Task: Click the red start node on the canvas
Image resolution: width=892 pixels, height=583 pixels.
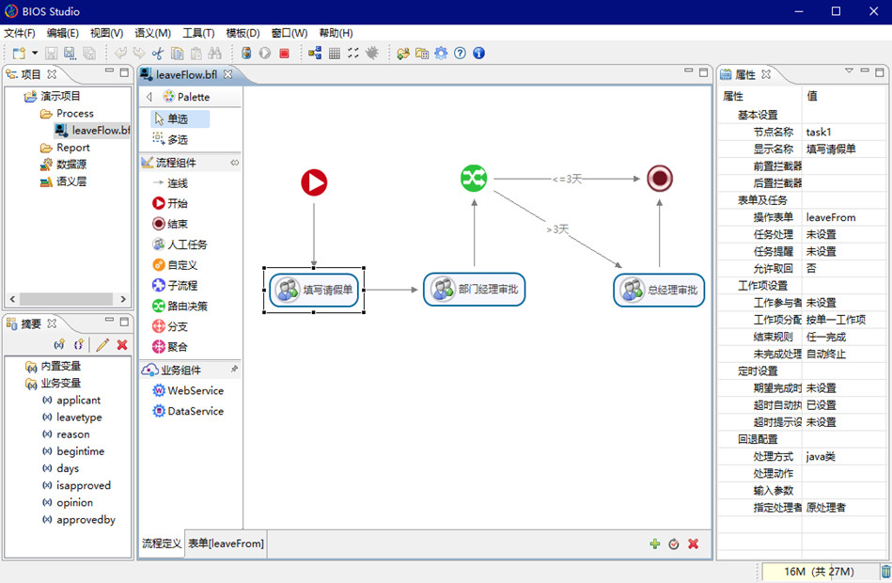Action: pos(314,182)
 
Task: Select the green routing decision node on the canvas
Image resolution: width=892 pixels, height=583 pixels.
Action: pos(474,178)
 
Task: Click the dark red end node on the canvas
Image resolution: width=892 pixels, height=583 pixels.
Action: pos(660,178)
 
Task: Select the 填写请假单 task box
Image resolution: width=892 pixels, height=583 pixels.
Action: pos(315,290)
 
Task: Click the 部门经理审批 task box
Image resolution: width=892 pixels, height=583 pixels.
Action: pos(474,290)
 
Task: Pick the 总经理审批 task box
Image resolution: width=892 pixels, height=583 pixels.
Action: pos(660,290)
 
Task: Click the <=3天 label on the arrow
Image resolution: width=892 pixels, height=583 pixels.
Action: pos(568,179)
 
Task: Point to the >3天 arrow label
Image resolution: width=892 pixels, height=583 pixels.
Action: pos(557,228)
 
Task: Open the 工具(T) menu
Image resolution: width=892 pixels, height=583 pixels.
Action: pos(198,33)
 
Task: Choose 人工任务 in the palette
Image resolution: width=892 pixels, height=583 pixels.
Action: pos(187,244)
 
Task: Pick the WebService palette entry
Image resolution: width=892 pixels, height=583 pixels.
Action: pos(196,390)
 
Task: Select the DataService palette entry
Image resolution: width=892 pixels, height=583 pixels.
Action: pos(196,411)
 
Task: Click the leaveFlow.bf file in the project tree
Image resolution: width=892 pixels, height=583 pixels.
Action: pos(100,131)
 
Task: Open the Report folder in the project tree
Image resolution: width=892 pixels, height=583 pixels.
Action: pos(72,148)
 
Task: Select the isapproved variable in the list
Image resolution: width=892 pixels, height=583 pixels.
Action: pos(84,485)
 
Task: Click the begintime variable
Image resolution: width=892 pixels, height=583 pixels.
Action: pos(80,451)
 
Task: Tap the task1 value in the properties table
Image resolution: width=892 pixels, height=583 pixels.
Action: pos(819,132)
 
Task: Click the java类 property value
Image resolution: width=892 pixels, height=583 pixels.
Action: pos(821,456)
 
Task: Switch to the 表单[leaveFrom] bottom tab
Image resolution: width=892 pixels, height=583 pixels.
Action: pos(226,544)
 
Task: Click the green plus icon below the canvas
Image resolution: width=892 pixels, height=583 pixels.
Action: pos(655,544)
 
